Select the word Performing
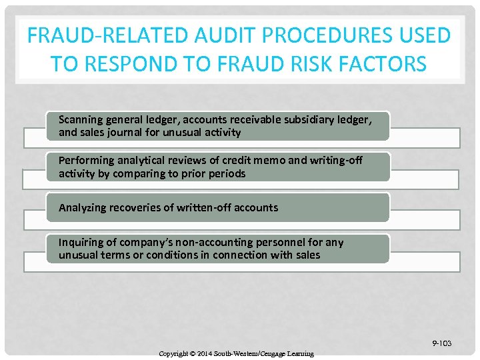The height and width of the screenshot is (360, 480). point(85,161)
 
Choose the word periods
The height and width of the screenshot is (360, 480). point(225,173)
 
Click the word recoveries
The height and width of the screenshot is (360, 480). point(136,207)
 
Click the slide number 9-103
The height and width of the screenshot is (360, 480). point(441,343)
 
